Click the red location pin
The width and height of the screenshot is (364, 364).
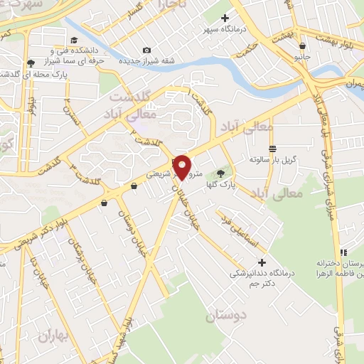(182, 167)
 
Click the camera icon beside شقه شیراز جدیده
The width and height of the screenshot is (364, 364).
(146, 50)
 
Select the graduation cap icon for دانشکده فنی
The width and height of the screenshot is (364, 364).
(75, 41)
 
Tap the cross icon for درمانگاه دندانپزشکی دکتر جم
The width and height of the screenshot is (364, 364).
(262, 262)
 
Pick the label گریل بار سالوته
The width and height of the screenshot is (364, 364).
(272, 161)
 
